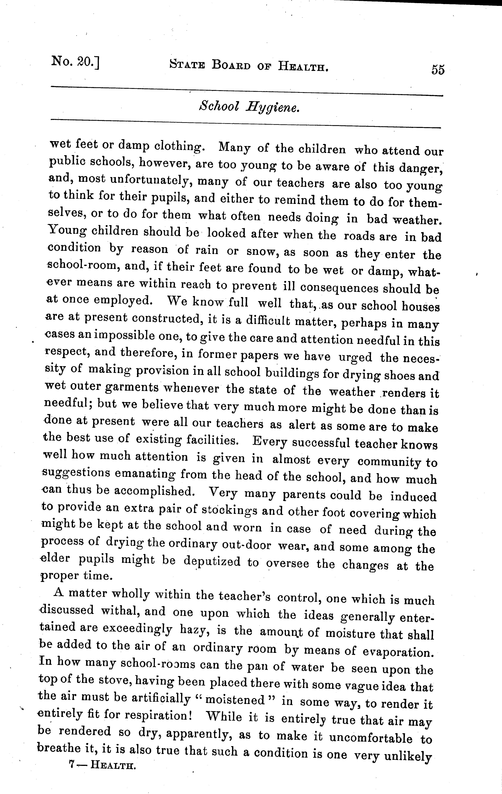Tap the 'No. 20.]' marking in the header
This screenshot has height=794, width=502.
75,62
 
